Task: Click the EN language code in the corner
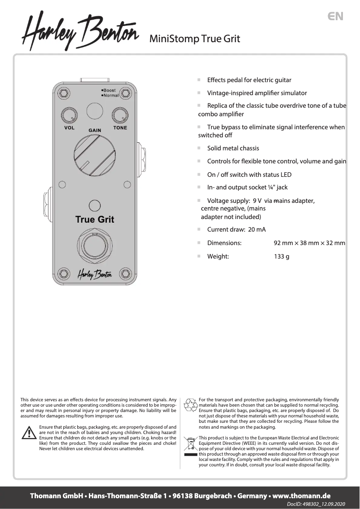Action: (x=335, y=17)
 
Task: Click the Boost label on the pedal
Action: (x=109, y=90)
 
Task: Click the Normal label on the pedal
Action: (x=110, y=96)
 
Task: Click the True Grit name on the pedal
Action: (x=95, y=219)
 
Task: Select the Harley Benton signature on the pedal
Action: (x=95, y=274)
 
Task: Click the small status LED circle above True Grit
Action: (x=95, y=206)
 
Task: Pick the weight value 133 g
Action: (x=281, y=257)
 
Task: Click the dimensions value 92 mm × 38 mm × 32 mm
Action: (x=309, y=243)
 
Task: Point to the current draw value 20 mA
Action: (x=257, y=229)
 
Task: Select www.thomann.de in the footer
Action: (x=301, y=496)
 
